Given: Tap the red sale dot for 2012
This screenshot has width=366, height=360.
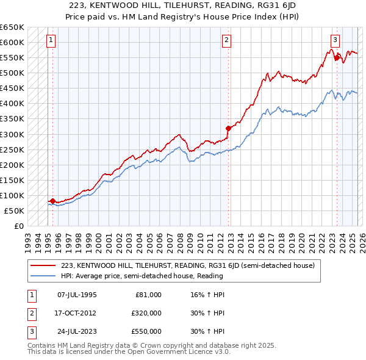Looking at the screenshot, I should point(228,128).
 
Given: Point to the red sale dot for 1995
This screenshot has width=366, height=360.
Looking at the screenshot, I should point(52,201).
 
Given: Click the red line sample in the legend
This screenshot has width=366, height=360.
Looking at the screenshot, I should point(43,265).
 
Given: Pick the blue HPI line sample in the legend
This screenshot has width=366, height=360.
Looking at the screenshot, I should point(43,276).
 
